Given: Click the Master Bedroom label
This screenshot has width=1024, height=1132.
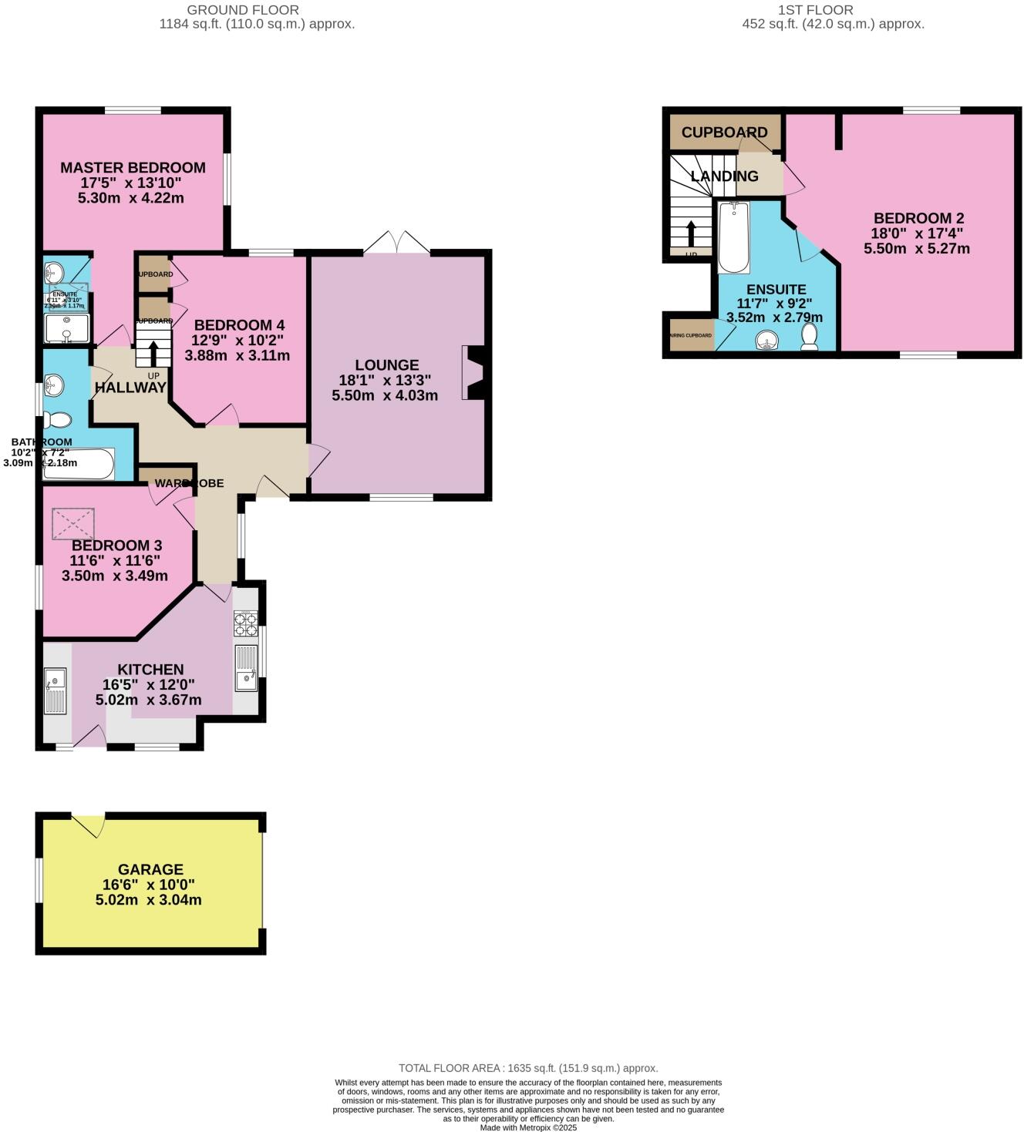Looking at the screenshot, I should click(x=133, y=168).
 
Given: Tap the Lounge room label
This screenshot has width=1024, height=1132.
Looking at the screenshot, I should click(x=386, y=365).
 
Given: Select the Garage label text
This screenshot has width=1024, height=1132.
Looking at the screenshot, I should click(x=150, y=869).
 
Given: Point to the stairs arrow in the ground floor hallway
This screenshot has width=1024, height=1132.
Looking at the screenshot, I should click(x=153, y=352).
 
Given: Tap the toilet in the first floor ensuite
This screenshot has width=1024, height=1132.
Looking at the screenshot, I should click(x=809, y=337).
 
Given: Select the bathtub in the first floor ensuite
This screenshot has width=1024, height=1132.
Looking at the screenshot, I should click(x=733, y=237).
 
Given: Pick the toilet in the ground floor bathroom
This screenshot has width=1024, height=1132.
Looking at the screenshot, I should click(x=58, y=420).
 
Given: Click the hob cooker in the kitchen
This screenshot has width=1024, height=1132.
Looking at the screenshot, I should click(x=245, y=623).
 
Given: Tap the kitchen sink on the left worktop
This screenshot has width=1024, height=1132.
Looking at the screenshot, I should click(x=56, y=690).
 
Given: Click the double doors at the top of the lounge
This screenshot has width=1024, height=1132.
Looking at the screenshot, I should click(x=396, y=242).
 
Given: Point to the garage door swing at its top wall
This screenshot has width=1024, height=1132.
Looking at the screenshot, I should click(x=89, y=825).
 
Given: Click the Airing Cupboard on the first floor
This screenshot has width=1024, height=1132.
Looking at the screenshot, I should click(x=691, y=335).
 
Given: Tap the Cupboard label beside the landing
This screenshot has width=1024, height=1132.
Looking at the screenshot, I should click(x=724, y=133).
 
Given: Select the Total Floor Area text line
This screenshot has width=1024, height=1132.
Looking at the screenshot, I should click(x=528, y=1068).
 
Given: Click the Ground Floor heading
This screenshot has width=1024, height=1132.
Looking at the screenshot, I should click(x=243, y=10).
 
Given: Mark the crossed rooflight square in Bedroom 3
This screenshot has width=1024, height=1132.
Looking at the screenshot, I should click(x=72, y=524).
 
